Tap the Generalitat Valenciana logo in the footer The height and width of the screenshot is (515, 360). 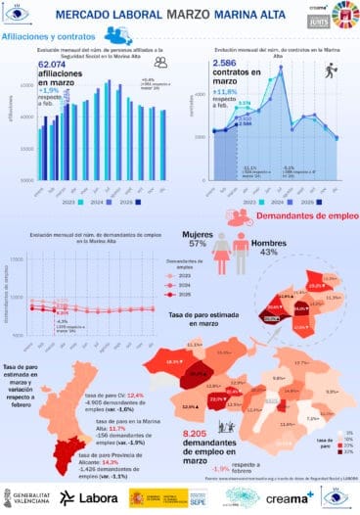pyautogui.click(x=30, y=497)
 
